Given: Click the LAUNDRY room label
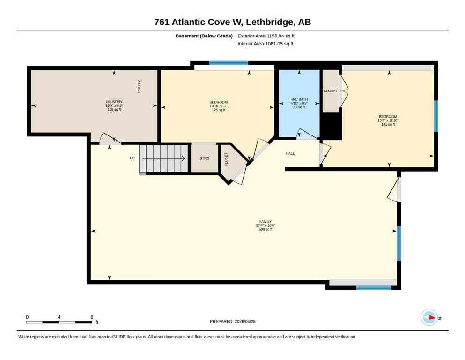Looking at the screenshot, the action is tap(114, 102).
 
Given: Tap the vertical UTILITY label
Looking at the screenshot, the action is tap(139, 87).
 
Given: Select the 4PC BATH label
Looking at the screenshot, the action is tap(299, 99).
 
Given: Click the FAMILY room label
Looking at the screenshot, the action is tap(266, 222).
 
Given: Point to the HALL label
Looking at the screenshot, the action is tap(290, 153).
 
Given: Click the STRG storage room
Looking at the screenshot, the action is tap(204, 158).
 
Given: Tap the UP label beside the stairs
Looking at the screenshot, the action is tap(132, 158).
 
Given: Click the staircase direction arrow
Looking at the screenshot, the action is tap(164, 158).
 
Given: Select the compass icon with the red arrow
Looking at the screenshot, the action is tap(429, 317).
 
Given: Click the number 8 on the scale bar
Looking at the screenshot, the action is tap(92, 317).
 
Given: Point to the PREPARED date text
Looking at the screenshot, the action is tap(232, 321).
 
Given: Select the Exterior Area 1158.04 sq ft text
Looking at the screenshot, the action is tap(266, 36).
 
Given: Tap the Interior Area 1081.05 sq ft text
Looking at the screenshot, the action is tap(266, 44).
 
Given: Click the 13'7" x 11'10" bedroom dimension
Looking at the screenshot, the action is tap(388, 120).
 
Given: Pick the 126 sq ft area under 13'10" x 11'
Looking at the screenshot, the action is tap(218, 110).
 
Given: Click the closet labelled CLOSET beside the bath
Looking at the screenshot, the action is tap(331, 91).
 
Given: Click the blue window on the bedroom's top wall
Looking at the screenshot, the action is tap(229, 63).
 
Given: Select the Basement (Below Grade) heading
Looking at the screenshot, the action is tap(204, 36).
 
